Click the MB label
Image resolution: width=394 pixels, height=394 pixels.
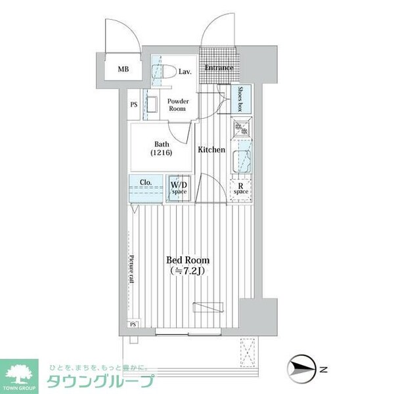point(123,69)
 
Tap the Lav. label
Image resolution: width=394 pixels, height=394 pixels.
point(185,72)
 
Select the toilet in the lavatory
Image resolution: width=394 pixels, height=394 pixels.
point(165,73)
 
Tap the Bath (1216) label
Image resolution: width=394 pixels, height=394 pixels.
point(162,148)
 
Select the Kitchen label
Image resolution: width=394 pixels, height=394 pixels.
point(211,150)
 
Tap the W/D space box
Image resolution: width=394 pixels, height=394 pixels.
point(179,188)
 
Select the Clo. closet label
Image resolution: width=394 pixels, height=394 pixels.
point(146,183)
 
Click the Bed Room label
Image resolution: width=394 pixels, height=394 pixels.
point(187,259)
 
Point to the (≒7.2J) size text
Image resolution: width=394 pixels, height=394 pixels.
point(188,271)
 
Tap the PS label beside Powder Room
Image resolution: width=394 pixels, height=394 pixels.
point(133,104)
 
